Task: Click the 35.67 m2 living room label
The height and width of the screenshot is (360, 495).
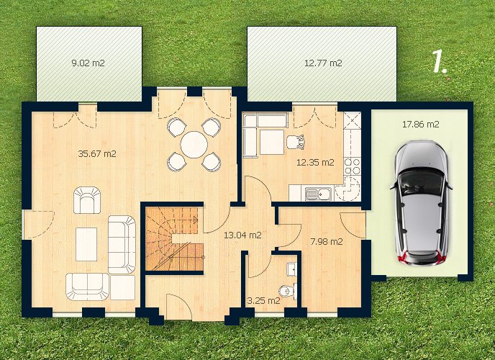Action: pos(97,154)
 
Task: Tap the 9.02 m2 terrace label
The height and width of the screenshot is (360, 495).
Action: pos(88,63)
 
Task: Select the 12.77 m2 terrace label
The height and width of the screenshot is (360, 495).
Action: pos(323,63)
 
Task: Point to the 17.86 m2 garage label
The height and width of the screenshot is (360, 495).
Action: pos(420,124)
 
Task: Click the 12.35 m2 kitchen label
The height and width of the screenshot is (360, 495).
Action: pos(315,162)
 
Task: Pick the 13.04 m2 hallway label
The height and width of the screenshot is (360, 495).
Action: pos(242,235)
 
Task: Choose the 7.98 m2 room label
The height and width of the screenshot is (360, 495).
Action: pos(327,242)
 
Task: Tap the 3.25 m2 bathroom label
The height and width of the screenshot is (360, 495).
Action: pos(263,301)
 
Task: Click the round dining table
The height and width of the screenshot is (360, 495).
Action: pos(194,145)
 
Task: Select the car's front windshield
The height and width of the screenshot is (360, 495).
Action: pos(420,181)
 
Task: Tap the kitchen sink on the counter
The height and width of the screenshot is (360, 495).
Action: pos(318,193)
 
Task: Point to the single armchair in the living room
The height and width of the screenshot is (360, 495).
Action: pos(87,200)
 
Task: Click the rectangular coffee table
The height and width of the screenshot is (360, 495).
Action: pos(86,244)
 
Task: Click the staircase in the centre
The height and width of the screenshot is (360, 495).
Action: pos(174,239)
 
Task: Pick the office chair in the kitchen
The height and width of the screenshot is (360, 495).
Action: pos(295,142)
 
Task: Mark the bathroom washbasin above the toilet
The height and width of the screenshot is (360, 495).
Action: pos(291,269)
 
